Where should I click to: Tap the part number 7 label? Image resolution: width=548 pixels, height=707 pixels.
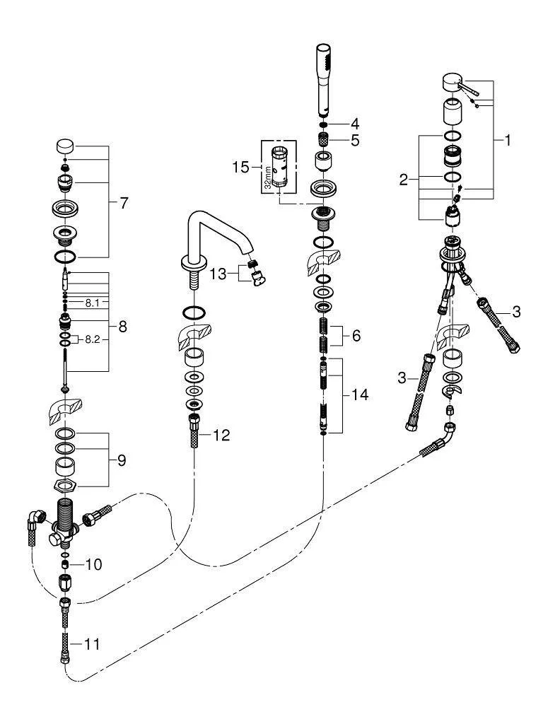coord(124,204)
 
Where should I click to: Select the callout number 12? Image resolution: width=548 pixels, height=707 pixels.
coord(221,436)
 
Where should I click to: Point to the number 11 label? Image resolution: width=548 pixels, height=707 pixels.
coord(91,644)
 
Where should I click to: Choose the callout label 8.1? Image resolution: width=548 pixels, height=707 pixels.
coord(92,303)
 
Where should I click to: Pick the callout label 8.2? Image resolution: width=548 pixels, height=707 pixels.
coord(92,339)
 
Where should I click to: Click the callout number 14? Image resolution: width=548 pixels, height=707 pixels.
coord(360,395)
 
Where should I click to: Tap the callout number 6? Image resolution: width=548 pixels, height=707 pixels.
coord(356,335)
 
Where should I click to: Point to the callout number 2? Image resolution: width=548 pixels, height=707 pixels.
coord(403,180)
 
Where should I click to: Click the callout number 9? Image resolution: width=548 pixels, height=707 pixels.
coord(122,460)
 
